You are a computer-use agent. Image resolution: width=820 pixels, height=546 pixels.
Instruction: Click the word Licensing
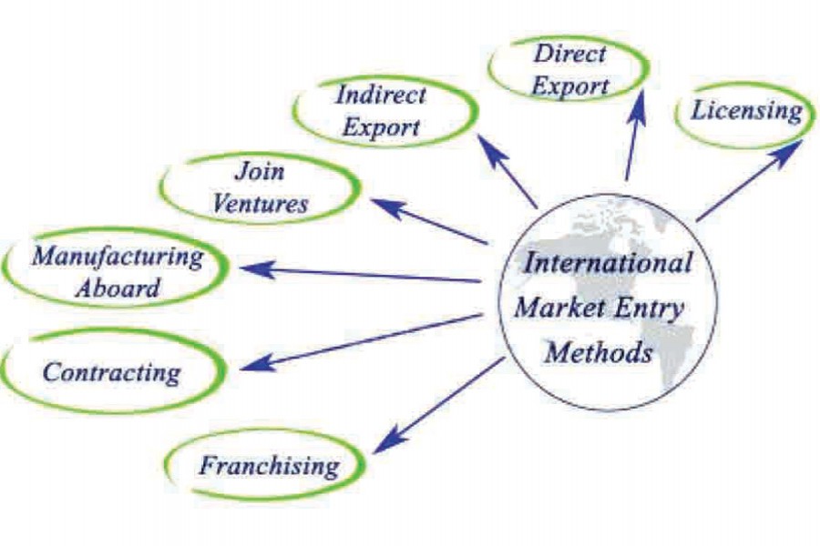[x=746, y=112]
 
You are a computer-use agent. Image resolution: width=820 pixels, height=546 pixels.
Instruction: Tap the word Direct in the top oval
[x=569, y=53]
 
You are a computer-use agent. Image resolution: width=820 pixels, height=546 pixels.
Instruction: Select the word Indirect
[x=380, y=94]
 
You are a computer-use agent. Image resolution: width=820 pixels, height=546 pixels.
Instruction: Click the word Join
[x=260, y=170]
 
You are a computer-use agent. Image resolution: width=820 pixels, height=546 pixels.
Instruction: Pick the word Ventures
[x=260, y=203]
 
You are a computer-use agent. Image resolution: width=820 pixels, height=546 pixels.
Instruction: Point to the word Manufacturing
[x=118, y=256]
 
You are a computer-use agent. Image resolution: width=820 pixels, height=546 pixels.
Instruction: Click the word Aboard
[x=118, y=288]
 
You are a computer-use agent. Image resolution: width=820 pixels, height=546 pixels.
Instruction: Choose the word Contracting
[x=112, y=372]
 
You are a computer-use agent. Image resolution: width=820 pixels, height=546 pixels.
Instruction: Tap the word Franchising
[x=269, y=467]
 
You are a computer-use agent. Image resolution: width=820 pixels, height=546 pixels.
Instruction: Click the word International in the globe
[x=608, y=264]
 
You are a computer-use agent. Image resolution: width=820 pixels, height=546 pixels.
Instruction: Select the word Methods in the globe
[x=599, y=351]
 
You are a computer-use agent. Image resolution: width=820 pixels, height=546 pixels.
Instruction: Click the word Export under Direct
[x=569, y=86]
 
